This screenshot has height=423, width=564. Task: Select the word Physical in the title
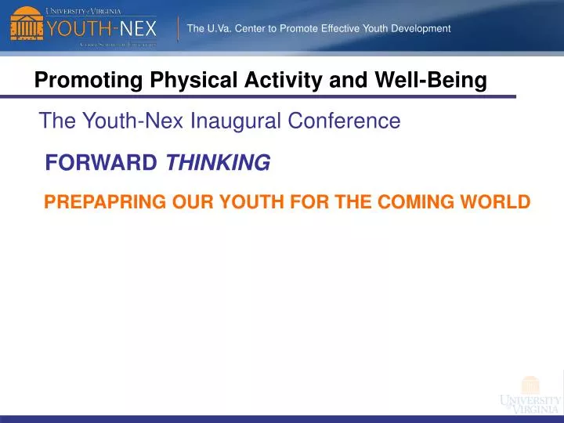tap(179, 80)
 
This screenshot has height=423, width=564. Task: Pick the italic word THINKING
tap(218, 163)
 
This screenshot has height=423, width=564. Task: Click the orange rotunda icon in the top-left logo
tap(26, 26)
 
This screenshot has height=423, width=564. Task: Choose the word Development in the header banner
tap(420, 29)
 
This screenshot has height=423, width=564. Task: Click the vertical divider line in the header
tap(179, 27)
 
